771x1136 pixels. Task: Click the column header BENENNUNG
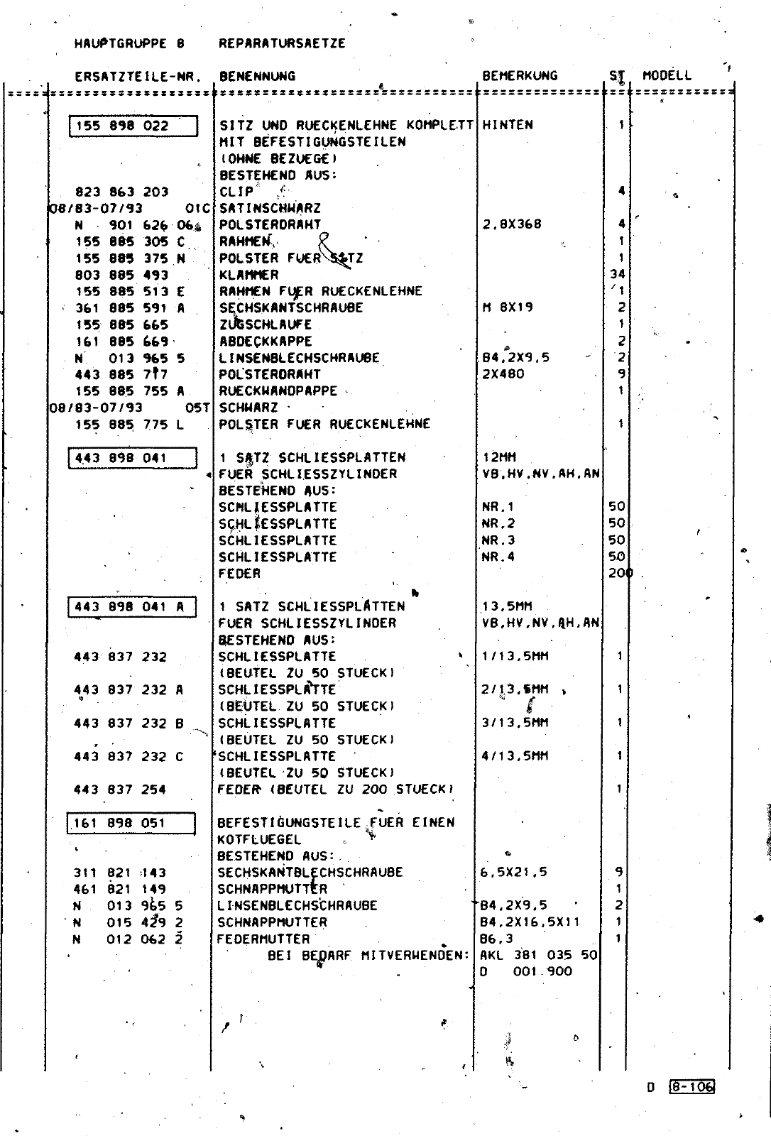[257, 76]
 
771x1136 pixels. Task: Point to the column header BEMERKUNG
[520, 76]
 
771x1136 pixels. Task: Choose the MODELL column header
[667, 76]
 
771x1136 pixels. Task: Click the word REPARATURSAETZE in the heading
[282, 43]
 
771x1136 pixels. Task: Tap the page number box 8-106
[691, 1086]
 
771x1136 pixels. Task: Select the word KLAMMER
[248, 275]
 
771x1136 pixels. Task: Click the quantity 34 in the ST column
[616, 274]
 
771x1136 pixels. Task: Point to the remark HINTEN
[507, 125]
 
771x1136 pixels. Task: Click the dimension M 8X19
[507, 307]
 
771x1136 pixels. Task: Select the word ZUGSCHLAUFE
[266, 324]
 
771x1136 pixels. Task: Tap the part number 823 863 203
[121, 192]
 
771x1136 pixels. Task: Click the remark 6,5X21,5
[513, 873]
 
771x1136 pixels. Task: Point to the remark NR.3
[498, 540]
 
